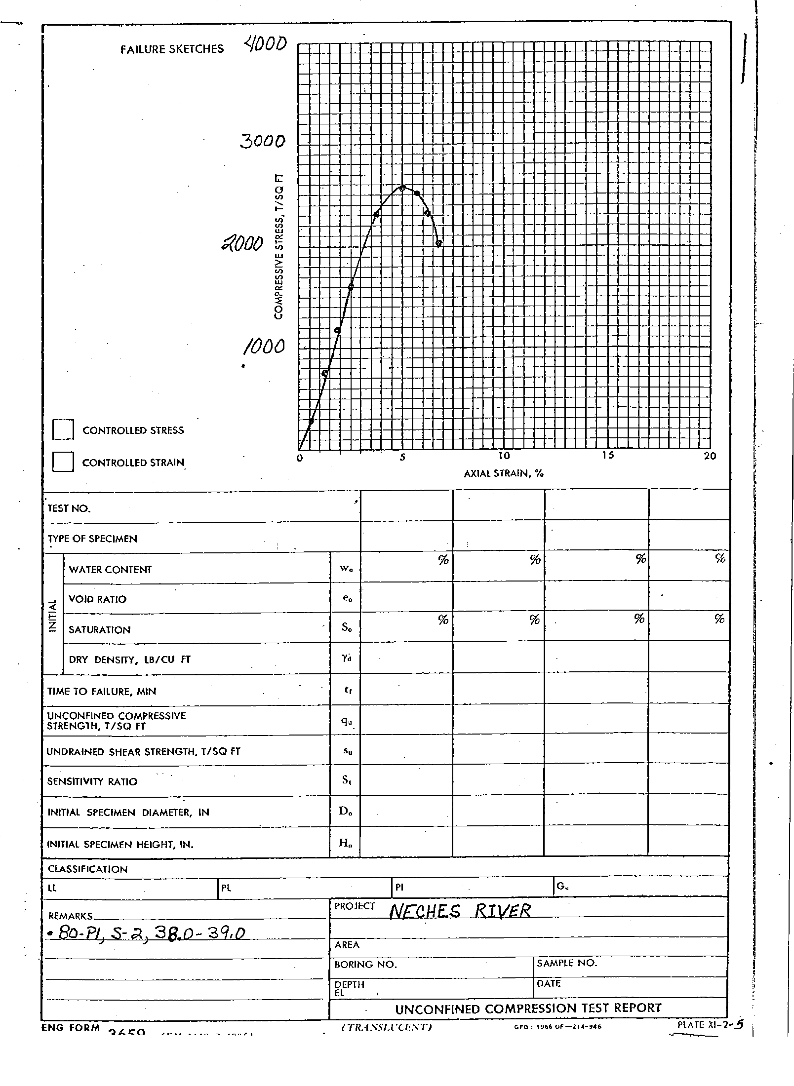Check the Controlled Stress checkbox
click(63, 429)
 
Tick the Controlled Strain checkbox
click(63, 462)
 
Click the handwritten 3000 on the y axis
click(263, 142)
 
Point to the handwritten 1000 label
click(264, 347)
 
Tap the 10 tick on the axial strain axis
click(504, 456)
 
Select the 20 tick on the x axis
click(710, 456)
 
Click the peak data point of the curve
click(402, 188)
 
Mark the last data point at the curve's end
click(438, 243)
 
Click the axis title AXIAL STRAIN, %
click(504, 473)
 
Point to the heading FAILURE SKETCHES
click(172, 49)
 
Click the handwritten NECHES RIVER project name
click(460, 911)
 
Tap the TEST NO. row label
click(69, 508)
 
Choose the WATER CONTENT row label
click(110, 570)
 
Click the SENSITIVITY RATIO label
click(92, 782)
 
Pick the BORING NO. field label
click(365, 965)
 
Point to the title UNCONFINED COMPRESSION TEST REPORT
click(528, 1008)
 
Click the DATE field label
click(549, 983)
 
